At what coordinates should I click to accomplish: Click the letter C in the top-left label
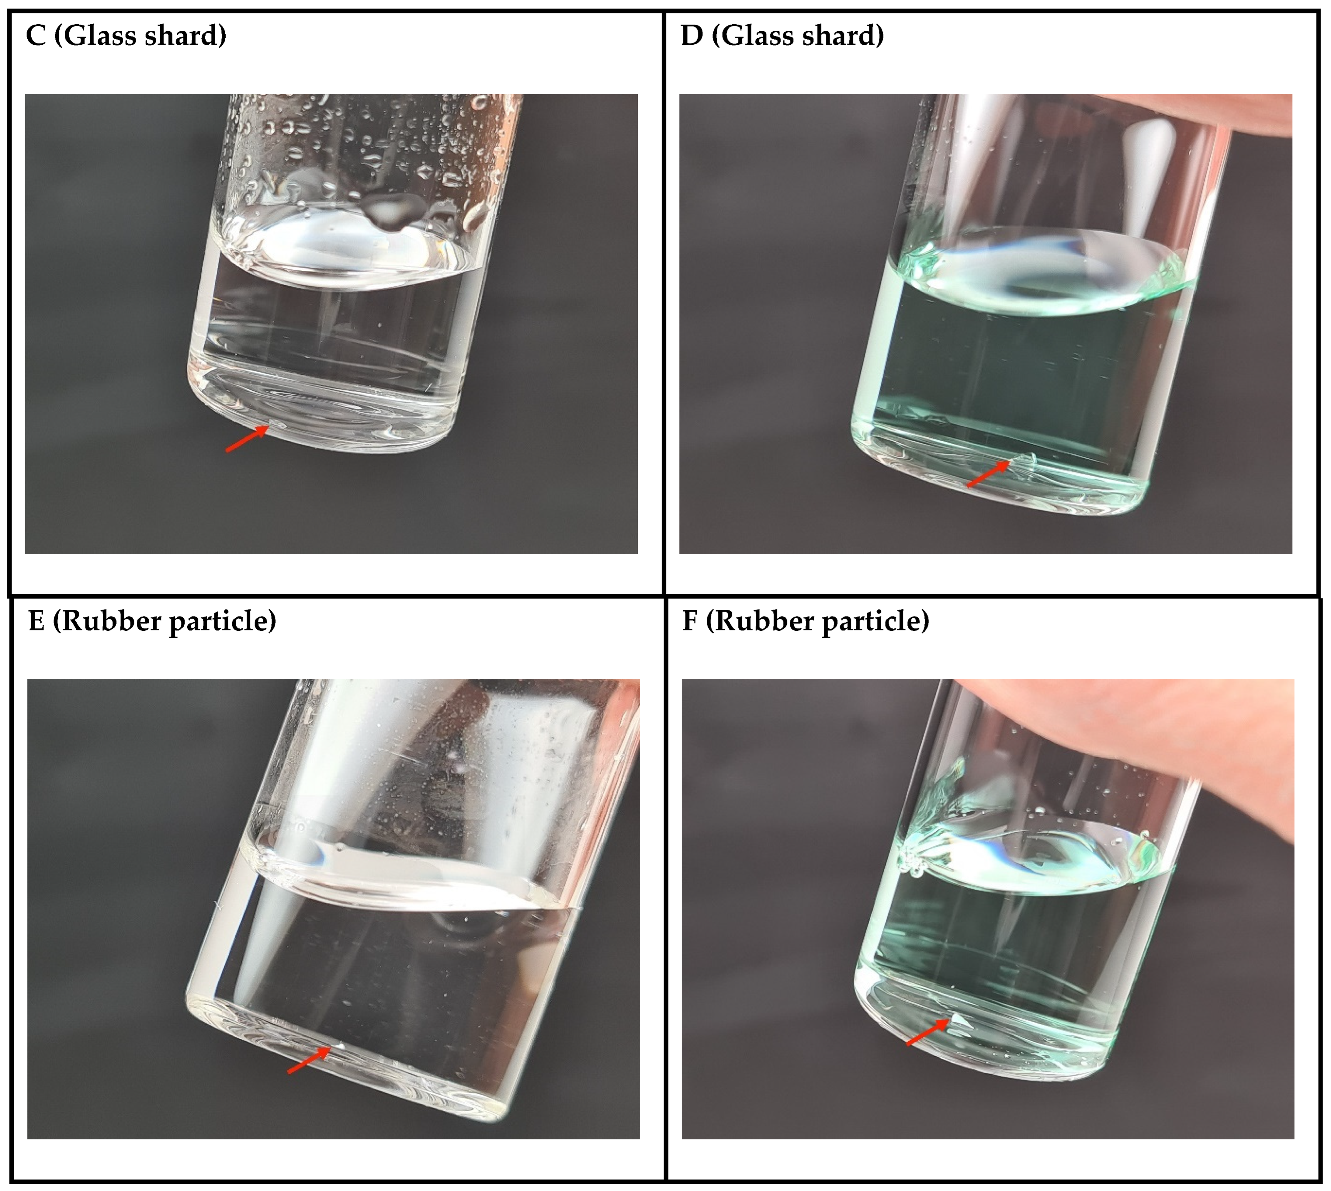(36, 35)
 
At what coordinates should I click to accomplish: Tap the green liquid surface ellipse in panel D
(1046, 272)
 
